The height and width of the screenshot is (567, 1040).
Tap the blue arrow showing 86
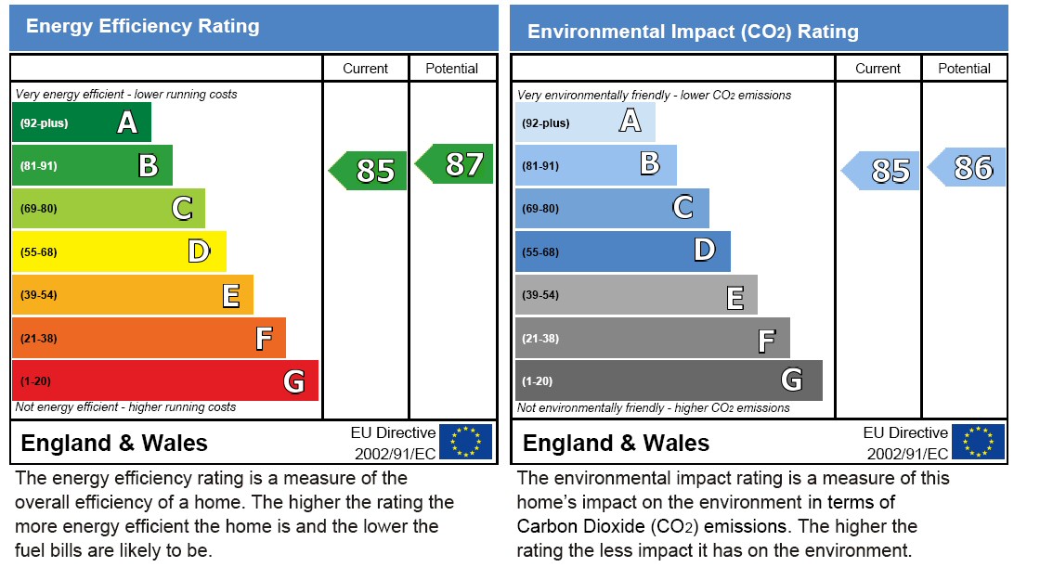point(968,168)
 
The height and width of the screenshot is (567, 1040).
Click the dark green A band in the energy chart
point(82,122)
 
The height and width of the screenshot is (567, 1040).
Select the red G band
point(164,380)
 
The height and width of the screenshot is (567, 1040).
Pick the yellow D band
point(119,251)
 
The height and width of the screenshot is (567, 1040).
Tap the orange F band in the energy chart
point(149,338)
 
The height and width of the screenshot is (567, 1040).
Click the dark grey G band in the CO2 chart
point(669,380)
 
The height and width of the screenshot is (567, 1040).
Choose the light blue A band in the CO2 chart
point(585,122)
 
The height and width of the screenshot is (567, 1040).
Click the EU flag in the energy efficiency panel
point(465,442)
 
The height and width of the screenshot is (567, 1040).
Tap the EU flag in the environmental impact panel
point(978,442)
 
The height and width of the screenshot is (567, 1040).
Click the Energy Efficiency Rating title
point(142,26)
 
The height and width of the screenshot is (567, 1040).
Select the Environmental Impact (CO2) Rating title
point(693,32)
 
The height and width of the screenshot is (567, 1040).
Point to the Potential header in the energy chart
point(451,68)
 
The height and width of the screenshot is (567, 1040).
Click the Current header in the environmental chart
point(877,68)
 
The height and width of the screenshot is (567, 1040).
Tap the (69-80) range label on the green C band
point(38,209)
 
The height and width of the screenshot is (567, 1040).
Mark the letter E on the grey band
point(734,297)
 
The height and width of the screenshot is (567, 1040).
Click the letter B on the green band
point(148,165)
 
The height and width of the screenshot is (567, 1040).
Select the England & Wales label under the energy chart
point(114,443)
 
